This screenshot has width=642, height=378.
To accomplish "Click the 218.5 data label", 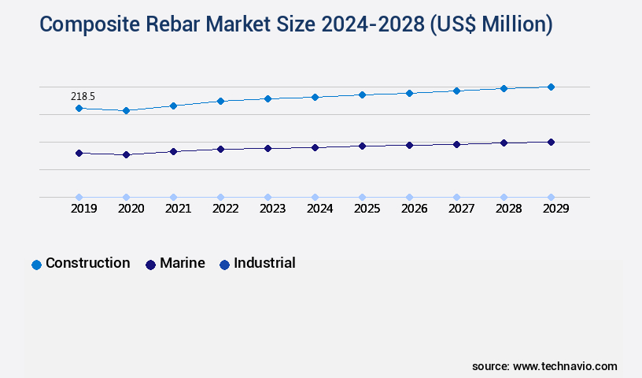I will (83, 96).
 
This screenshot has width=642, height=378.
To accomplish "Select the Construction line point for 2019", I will (79, 108).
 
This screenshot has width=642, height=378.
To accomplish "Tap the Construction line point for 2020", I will (126, 111).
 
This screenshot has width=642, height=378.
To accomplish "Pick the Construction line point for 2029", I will (551, 87).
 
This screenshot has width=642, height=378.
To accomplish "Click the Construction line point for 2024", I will (315, 97).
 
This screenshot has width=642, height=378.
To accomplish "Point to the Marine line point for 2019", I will (79, 153).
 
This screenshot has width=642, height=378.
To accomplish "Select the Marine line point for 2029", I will (551, 142).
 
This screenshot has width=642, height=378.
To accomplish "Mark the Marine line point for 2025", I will (362, 146).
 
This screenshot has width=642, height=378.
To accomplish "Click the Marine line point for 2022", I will (220, 149).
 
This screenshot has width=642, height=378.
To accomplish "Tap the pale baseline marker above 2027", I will (456, 197).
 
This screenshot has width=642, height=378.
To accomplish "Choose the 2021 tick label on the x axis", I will (178, 209).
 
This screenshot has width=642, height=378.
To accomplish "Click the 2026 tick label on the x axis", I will (414, 209).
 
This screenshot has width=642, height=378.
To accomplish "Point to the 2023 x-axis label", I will (272, 209).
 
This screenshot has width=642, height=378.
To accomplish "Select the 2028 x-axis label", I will (508, 209).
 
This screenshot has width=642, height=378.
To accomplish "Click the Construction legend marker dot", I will (36, 265).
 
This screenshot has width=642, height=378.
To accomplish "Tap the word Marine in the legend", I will (182, 263).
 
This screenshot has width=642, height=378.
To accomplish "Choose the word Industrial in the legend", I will (264, 263).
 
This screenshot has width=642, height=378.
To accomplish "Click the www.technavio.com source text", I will (565, 366).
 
